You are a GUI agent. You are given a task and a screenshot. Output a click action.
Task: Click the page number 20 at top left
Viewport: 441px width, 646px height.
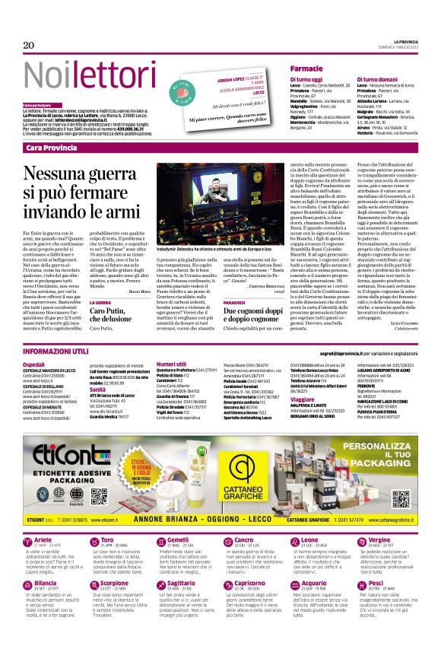click(29, 46)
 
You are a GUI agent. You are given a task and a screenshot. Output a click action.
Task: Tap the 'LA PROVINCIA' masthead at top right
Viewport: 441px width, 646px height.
click(409, 41)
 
